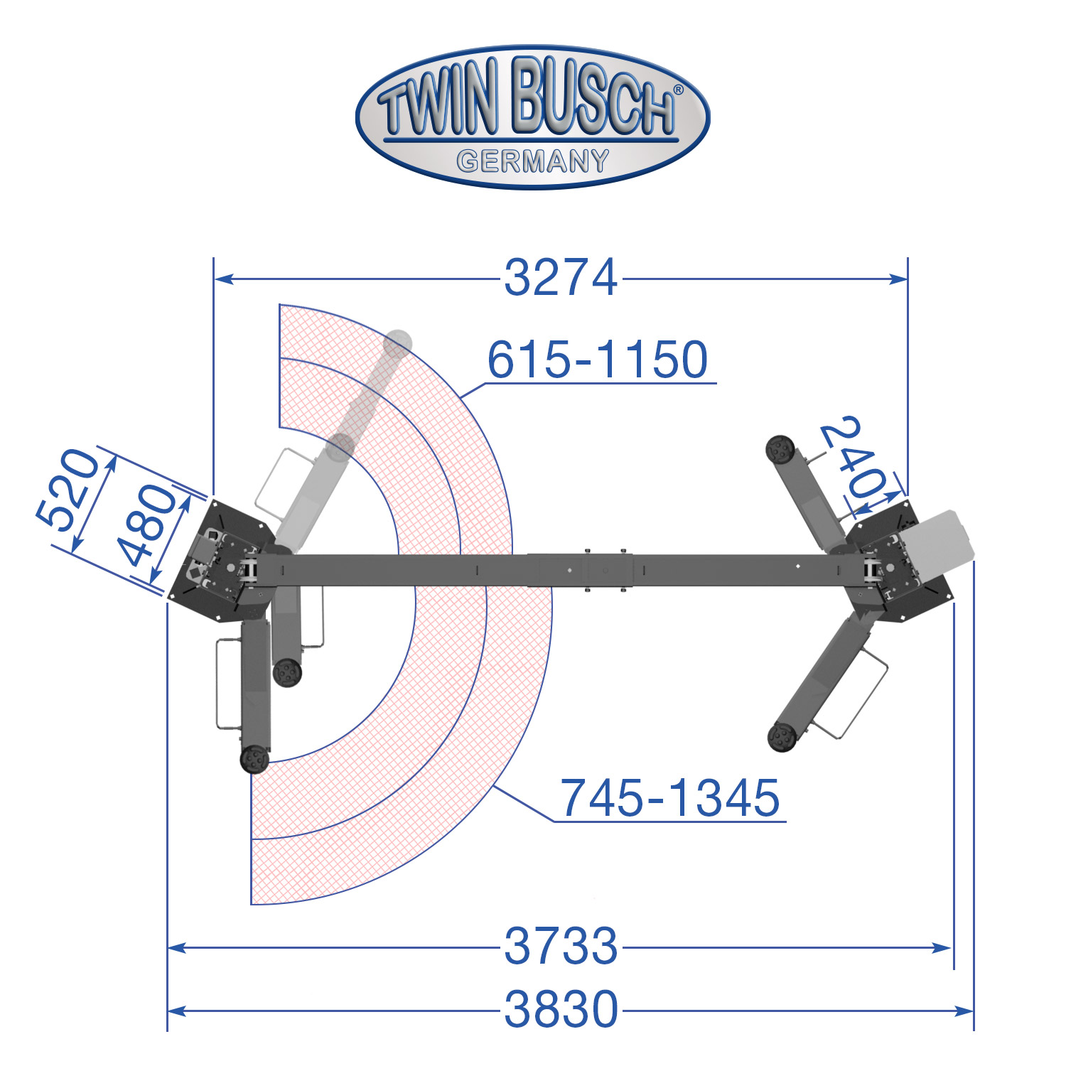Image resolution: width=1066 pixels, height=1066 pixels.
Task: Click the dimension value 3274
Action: [x=561, y=278]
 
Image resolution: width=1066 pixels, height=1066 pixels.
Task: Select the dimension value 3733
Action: [x=561, y=946]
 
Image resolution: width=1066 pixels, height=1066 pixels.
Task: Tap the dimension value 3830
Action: [x=561, y=1009]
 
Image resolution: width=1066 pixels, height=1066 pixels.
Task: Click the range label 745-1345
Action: [x=670, y=797]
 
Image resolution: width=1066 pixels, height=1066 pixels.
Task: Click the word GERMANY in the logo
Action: [x=533, y=161]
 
